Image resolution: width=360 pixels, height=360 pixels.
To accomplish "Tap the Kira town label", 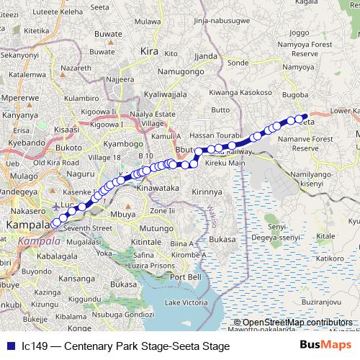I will tap(148, 52).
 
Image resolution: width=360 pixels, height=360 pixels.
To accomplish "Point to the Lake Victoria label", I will tap(186, 302).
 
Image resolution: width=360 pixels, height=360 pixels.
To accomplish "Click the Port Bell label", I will tap(186, 277).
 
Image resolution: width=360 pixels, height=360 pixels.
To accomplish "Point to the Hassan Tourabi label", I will tap(217, 135).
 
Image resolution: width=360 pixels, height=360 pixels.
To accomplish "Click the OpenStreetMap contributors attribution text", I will tap(297, 322).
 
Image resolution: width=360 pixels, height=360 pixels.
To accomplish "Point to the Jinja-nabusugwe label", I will tap(212, 22).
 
